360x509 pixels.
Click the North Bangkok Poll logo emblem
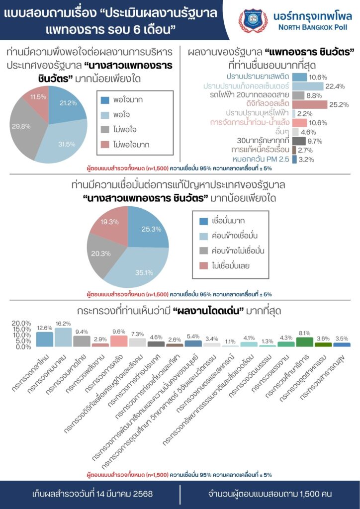point(253,20)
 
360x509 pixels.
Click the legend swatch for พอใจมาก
point(105,100)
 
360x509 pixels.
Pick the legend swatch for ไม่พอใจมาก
point(105,145)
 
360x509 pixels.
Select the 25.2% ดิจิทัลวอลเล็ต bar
point(309,104)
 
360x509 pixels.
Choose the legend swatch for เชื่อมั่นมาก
point(203,221)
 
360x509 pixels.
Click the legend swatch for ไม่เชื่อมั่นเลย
point(203,265)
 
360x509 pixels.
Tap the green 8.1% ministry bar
point(304,341)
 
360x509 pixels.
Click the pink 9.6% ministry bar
point(119,341)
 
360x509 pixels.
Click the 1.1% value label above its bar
point(230,342)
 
